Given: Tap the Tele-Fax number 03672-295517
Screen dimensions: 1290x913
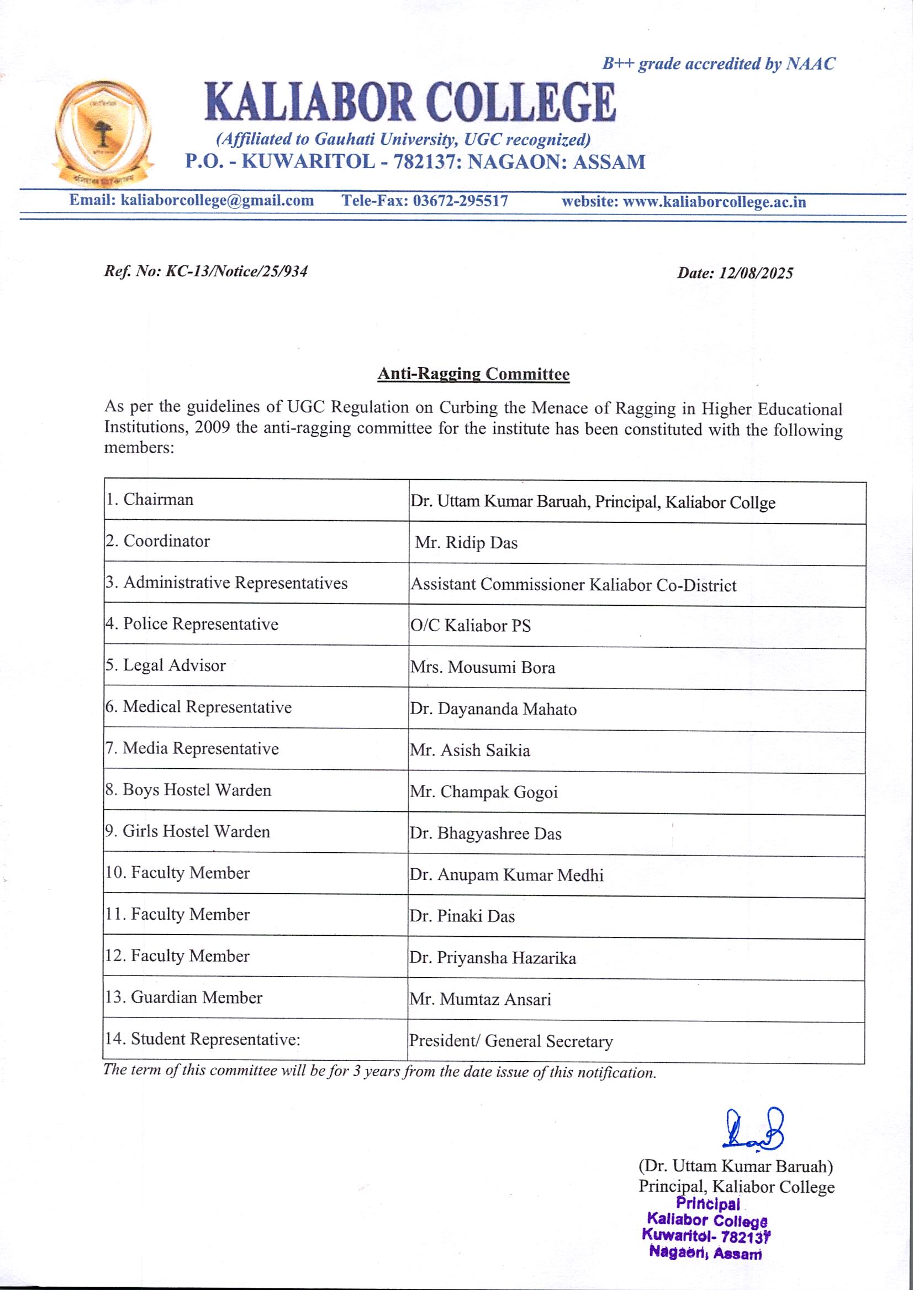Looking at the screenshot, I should (460, 201).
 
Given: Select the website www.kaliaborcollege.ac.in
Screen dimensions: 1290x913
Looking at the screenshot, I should (714, 202).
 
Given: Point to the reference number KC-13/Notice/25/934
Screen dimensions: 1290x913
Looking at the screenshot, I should (236, 272).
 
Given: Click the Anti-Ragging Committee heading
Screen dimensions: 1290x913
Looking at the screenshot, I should (473, 374).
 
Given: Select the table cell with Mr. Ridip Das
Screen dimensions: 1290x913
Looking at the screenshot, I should (466, 543).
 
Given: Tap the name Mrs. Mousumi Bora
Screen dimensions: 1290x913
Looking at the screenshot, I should (482, 668).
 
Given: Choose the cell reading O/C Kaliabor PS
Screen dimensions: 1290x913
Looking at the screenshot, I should (471, 626).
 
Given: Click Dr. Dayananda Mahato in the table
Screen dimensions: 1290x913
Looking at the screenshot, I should (493, 709).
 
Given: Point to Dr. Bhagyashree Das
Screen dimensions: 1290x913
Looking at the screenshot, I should (485, 833).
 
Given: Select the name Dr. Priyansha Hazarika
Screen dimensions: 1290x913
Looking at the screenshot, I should (493, 958).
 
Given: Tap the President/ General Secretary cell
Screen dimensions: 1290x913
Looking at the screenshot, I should (510, 1041).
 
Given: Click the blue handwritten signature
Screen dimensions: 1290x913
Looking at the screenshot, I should (754, 1130).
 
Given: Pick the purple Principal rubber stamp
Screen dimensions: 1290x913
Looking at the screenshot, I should (706, 1235).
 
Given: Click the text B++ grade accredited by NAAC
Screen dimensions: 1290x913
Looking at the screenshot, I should (719, 64).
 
